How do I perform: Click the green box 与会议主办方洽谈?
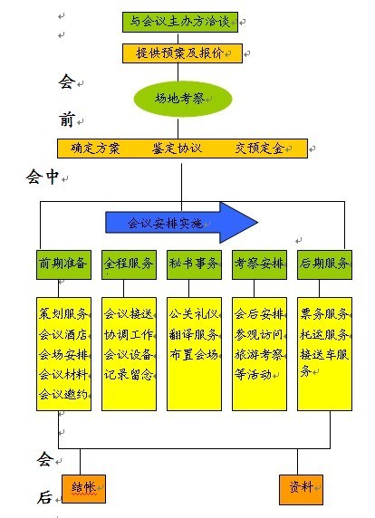click(x=180, y=22)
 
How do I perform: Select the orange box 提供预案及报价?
click(x=182, y=53)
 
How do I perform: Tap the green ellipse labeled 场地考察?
click(x=183, y=99)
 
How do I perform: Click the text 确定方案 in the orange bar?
click(x=95, y=149)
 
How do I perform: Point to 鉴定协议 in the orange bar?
click(x=177, y=149)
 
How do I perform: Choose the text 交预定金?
click(x=259, y=149)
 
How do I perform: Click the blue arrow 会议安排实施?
click(x=181, y=223)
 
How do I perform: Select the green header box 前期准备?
click(x=63, y=265)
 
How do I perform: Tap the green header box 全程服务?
click(x=129, y=265)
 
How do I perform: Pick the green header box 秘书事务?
click(x=194, y=265)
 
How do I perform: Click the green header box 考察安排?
click(x=259, y=265)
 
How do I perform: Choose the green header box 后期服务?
click(x=324, y=265)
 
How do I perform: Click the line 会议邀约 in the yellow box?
click(x=63, y=395)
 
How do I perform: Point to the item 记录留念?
click(x=129, y=375)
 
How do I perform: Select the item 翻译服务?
click(x=194, y=335)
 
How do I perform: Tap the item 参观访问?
click(x=259, y=335)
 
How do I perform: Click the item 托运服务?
click(x=324, y=335)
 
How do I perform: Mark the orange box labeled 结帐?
click(x=84, y=489)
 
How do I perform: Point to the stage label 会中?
click(x=43, y=177)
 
